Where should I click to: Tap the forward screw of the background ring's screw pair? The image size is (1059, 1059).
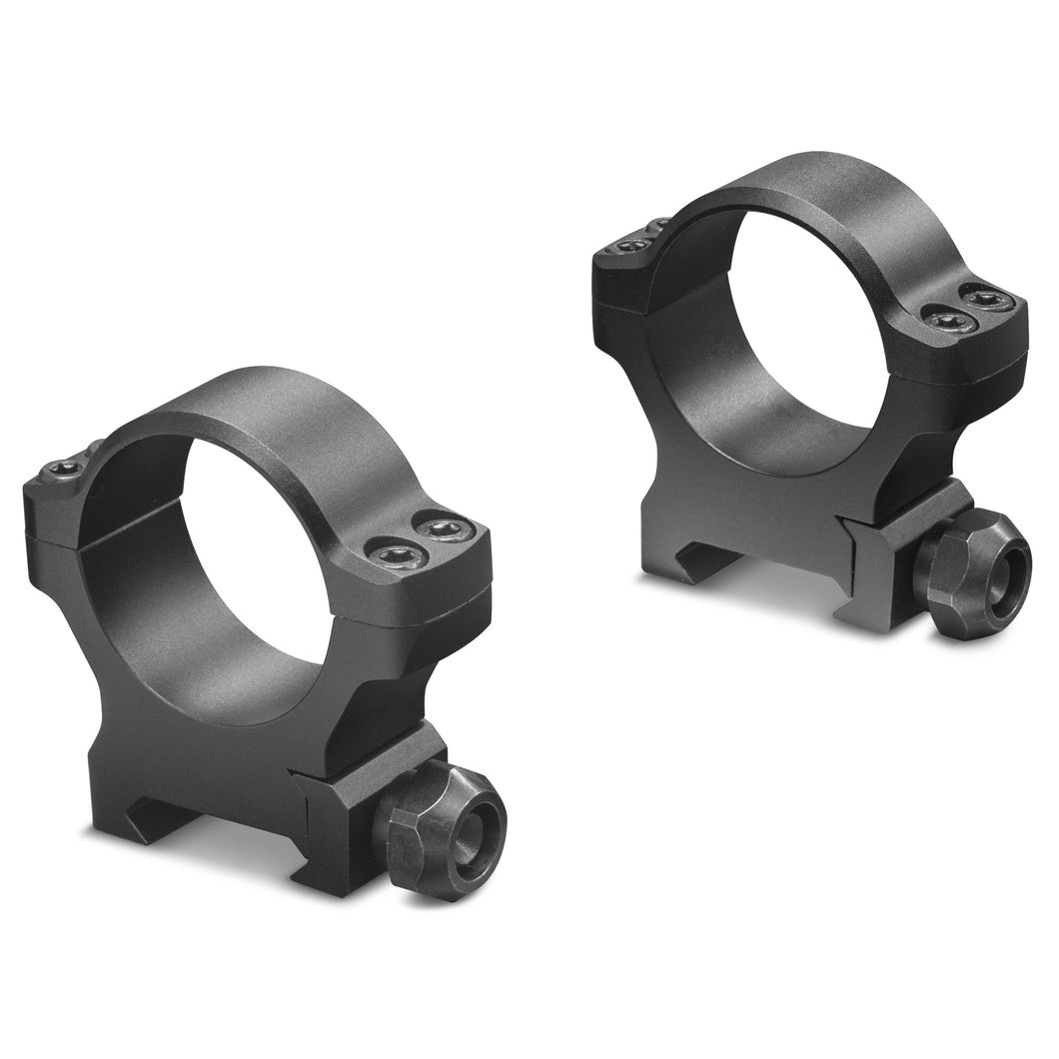(944, 319)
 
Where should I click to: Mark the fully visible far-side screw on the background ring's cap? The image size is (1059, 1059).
(628, 245)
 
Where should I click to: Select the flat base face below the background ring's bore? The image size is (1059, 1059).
(759, 500)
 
